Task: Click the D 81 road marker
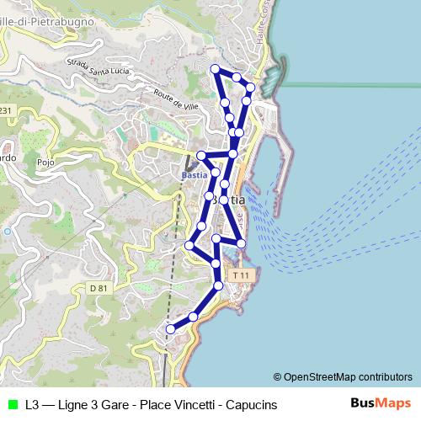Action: click(x=100, y=288)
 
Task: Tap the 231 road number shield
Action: click(x=6, y=110)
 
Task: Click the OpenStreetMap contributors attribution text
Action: click(x=343, y=377)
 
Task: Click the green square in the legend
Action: click(x=11, y=405)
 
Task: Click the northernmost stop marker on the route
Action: click(x=215, y=68)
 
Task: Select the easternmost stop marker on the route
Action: click(x=250, y=87)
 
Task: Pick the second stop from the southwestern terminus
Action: click(x=194, y=317)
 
